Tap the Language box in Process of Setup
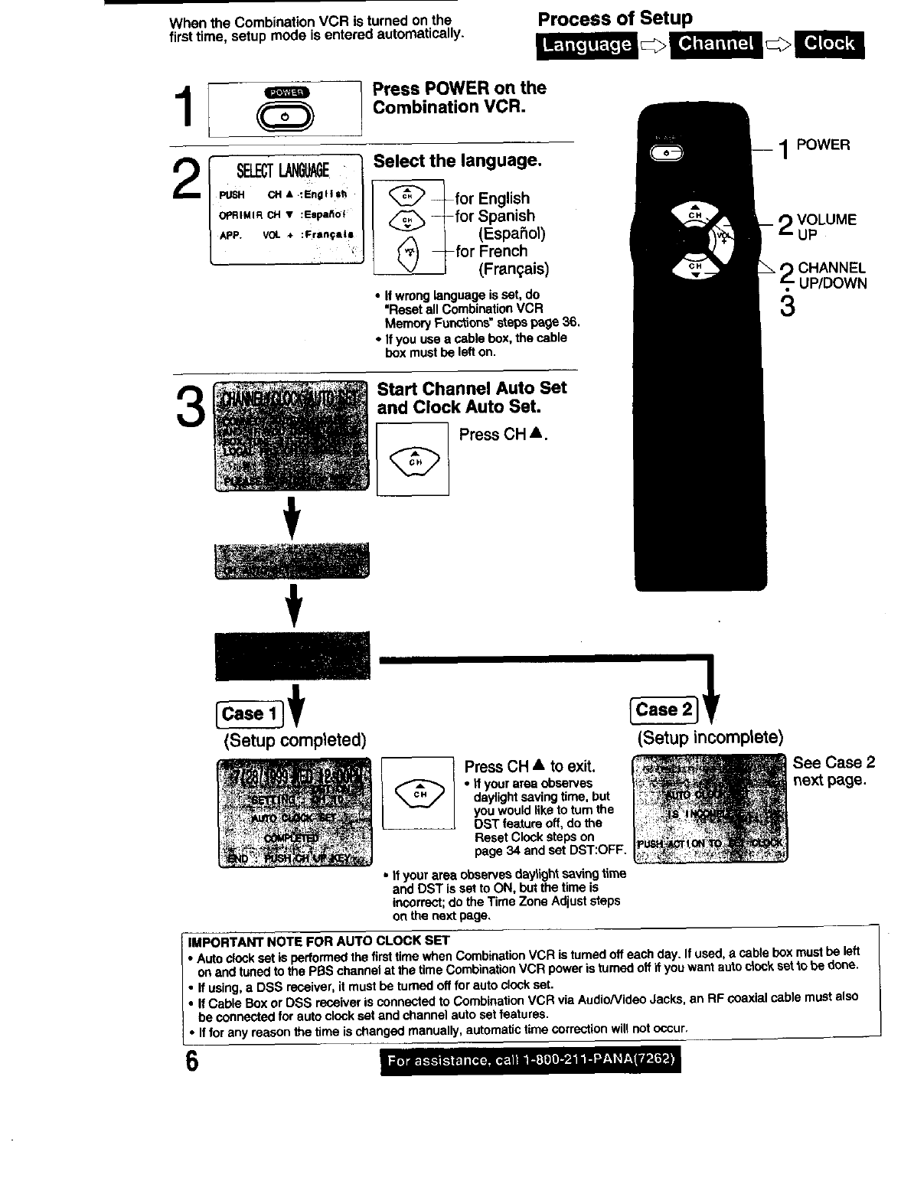pos(587,45)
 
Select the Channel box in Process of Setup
pos(716,44)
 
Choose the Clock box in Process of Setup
pos(829,44)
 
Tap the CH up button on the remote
pos(694,216)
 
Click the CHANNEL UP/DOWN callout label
pos(831,276)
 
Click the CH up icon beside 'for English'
pos(408,195)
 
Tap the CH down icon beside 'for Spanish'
pos(408,221)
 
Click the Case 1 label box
pos(250,713)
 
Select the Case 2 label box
pos(664,710)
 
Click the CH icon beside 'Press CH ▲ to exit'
pos(419,793)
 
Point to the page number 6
pos(191,1063)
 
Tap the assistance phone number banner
pos(530,1060)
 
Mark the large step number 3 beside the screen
pos(190,406)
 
